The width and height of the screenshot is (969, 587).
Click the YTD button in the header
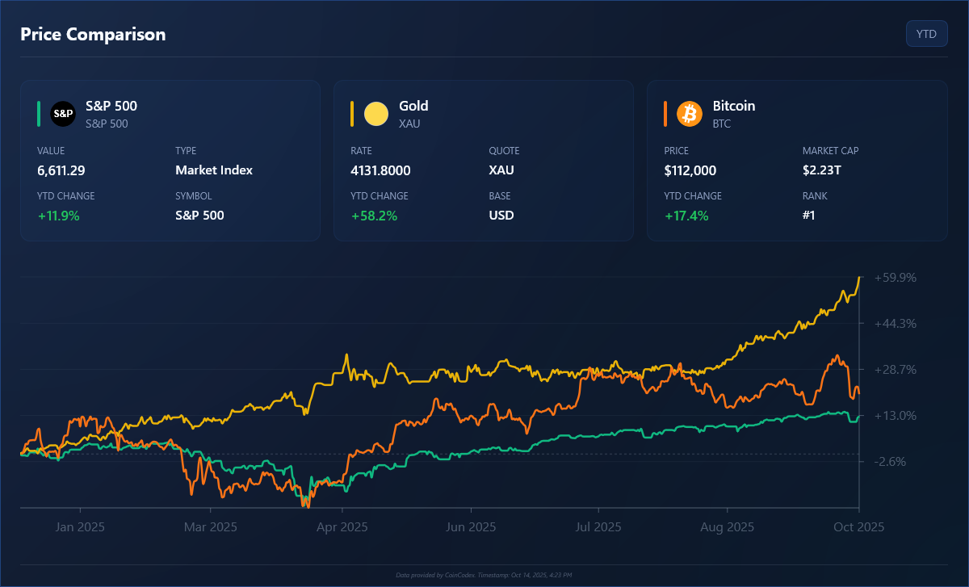pos(926,34)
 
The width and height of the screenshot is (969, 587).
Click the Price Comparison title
pos(93,34)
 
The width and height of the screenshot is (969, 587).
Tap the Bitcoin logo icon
pos(690,114)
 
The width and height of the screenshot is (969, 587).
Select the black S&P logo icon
pos(63,114)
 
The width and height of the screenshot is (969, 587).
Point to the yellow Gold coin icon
pos(376,114)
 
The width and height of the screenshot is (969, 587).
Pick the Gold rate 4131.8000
pos(380,170)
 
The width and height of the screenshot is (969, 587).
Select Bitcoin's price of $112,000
pos(690,170)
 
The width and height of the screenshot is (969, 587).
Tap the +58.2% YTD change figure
pos(374,216)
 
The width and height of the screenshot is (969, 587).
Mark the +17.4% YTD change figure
pos(686,216)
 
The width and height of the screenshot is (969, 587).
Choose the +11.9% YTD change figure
pos(58,216)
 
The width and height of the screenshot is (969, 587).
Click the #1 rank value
pos(808,216)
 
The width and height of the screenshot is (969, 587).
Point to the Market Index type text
pos(214,170)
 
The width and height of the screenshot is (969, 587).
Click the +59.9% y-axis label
pos(896,278)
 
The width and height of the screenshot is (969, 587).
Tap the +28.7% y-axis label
pos(896,370)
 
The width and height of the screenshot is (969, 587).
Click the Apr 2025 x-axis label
pos(342,527)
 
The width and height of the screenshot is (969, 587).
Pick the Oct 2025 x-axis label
pos(859,527)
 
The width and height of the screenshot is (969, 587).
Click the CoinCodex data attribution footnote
pos(484,575)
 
